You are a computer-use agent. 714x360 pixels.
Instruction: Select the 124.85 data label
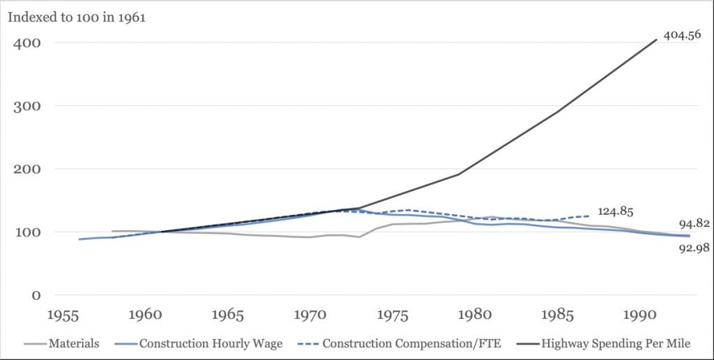615,211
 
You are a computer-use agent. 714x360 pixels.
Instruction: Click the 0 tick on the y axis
35,295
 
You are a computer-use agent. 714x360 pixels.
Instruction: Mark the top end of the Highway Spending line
657,39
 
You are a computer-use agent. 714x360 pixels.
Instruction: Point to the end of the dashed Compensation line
591,216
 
